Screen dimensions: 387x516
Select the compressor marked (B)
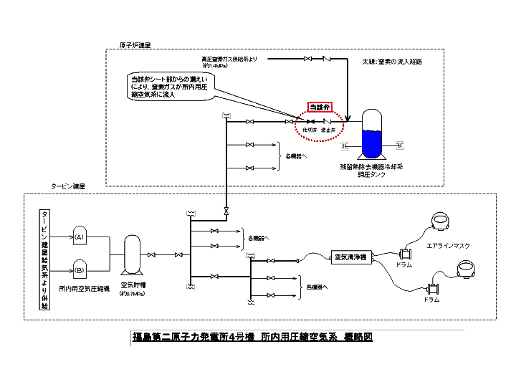[x=80, y=270]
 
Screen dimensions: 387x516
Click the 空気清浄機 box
[x=350, y=256]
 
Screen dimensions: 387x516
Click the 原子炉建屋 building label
[x=135, y=44]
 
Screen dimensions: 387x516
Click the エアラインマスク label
[x=448, y=245]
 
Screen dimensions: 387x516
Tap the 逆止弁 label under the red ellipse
[x=329, y=130]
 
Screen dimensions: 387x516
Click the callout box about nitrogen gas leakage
[x=167, y=87]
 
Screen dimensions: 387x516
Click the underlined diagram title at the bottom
[x=252, y=336]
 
